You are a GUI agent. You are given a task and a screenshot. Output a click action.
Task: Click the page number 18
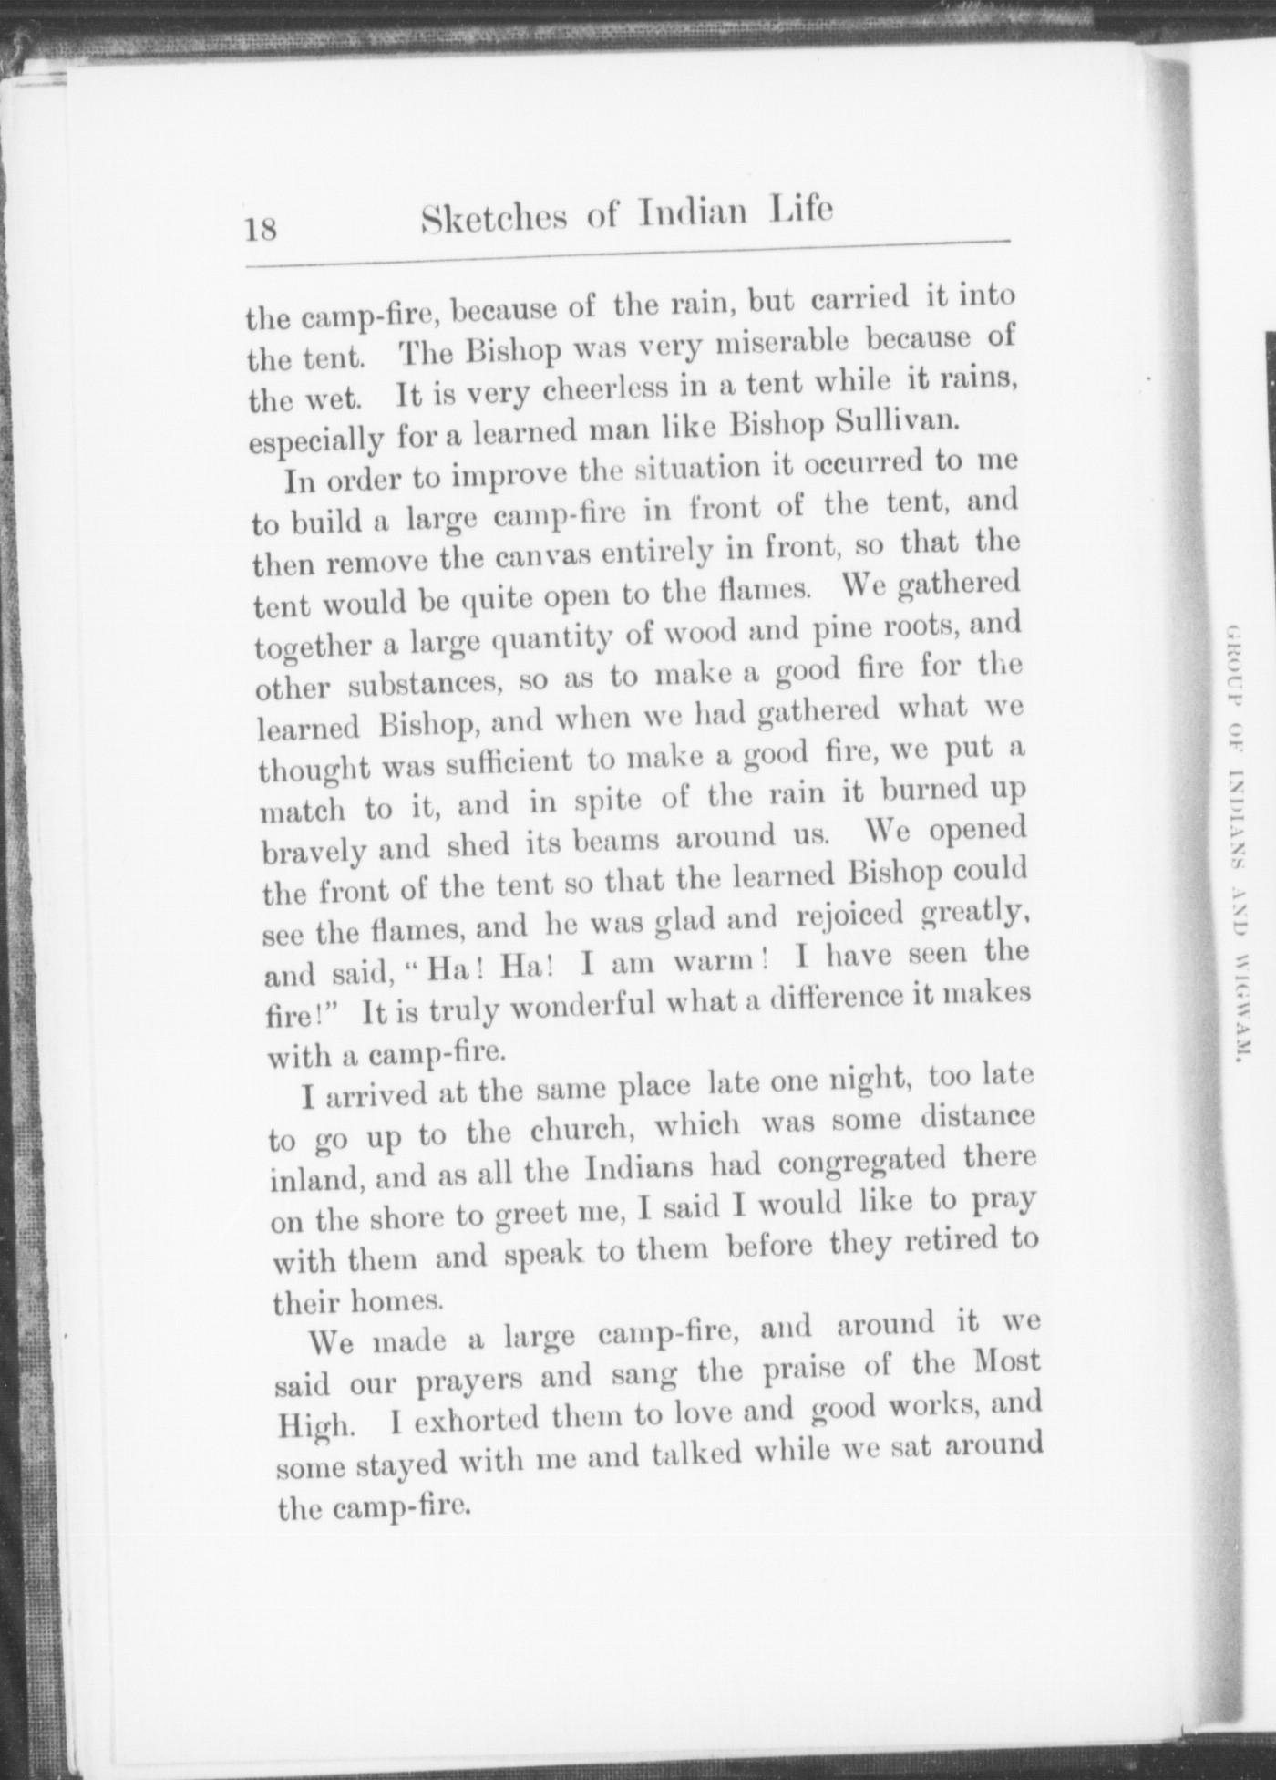point(261,226)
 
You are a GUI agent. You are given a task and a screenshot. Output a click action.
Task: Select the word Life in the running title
point(801,210)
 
